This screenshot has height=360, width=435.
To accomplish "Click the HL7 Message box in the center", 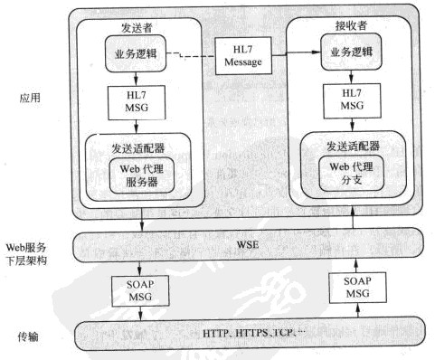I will pyautogui.click(x=240, y=55).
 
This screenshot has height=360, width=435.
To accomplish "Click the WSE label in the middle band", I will pyautogui.click(x=240, y=243).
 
